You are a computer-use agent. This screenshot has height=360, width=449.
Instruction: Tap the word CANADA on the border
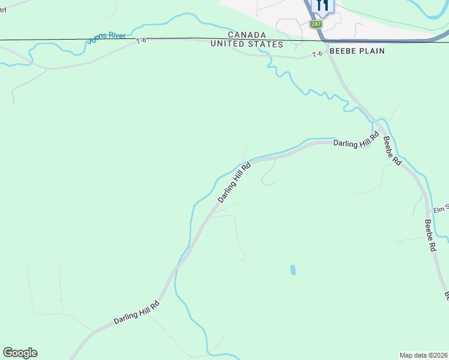click(x=247, y=35)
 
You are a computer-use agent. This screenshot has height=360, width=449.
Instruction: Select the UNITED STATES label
click(x=247, y=45)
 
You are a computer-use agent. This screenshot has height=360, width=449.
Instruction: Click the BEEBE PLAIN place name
click(x=356, y=52)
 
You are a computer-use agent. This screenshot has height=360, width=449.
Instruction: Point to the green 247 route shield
click(x=316, y=24)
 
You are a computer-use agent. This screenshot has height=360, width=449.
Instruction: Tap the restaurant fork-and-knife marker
click(x=322, y=6)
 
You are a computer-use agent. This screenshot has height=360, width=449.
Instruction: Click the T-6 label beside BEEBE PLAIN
click(x=318, y=55)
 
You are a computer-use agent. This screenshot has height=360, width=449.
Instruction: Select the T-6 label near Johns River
click(x=141, y=41)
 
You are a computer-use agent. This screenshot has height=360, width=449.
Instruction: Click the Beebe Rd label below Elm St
click(x=430, y=235)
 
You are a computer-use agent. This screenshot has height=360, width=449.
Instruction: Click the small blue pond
click(x=293, y=270)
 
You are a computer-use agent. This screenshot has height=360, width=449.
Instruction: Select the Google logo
click(x=20, y=353)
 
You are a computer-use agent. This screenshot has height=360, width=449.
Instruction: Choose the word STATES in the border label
click(x=265, y=45)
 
